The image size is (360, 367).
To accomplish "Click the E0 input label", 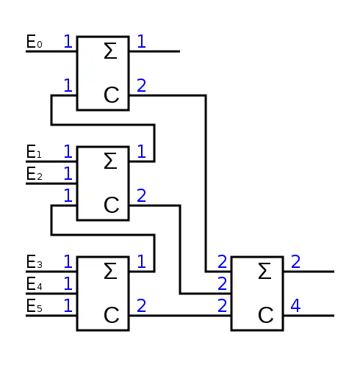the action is pyautogui.click(x=35, y=41).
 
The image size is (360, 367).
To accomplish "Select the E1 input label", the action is pyautogui.click(x=34, y=151).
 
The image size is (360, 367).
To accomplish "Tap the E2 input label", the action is pyautogui.click(x=35, y=173).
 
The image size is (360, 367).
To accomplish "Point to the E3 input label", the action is pyautogui.click(x=35, y=261).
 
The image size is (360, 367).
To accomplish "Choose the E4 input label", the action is pyautogui.click(x=35, y=283).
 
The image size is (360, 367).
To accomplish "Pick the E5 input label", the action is pyautogui.click(x=35, y=305).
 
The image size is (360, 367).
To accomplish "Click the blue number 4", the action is pyautogui.click(x=295, y=305).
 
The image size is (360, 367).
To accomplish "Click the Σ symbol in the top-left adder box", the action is pyautogui.click(x=110, y=51).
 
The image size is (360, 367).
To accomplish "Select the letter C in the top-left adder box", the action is pyautogui.click(x=112, y=95).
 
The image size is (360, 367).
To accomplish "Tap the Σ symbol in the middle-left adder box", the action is pyautogui.click(x=110, y=161).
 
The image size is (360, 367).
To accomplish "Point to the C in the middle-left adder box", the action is pyautogui.click(x=112, y=205).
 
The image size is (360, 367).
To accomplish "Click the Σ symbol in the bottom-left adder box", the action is pyautogui.click(x=110, y=271).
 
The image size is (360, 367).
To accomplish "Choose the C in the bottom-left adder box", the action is pyautogui.click(x=112, y=315).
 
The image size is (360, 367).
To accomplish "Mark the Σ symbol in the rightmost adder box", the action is pyautogui.click(x=264, y=271).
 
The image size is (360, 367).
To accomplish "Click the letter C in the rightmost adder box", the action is pyautogui.click(x=266, y=315).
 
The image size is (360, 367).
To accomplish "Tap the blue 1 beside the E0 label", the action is pyautogui.click(x=68, y=41).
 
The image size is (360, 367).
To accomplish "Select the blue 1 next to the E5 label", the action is pyautogui.click(x=68, y=305).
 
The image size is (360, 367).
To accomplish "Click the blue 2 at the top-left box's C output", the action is pyautogui.click(x=142, y=85).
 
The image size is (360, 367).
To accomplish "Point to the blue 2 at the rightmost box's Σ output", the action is pyautogui.click(x=296, y=261).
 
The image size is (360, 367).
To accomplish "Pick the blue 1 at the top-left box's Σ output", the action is pyautogui.click(x=142, y=41).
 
